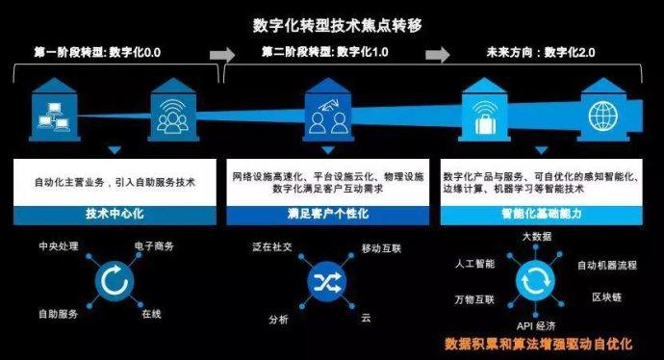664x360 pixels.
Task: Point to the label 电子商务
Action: pos(156,247)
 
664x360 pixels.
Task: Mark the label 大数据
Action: pos(536,236)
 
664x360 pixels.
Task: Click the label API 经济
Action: pos(536,324)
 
